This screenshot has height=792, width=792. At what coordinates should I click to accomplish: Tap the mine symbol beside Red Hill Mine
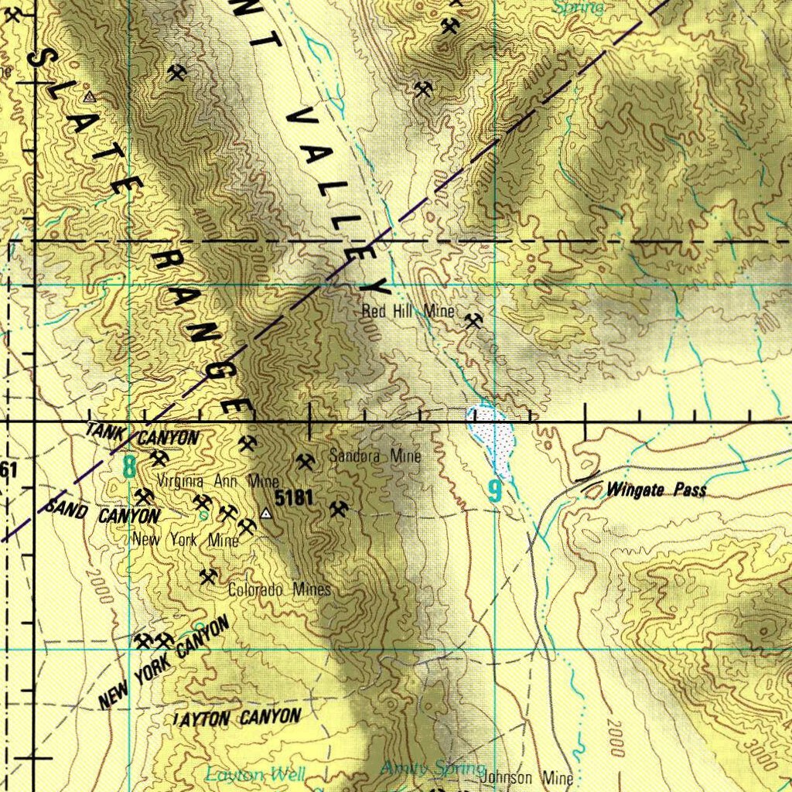pyautogui.click(x=474, y=319)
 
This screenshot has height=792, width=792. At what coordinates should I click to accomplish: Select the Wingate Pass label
pyautogui.click(x=656, y=490)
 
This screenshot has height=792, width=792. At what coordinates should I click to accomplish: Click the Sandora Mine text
pyautogui.click(x=375, y=456)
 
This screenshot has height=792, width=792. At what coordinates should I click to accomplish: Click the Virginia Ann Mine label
pyautogui.click(x=217, y=481)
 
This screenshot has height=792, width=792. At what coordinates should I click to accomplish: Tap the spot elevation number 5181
pyautogui.click(x=294, y=498)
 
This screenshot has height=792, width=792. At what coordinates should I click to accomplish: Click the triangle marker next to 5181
pyautogui.click(x=267, y=513)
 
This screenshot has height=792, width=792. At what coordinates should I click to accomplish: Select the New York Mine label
pyautogui.click(x=186, y=540)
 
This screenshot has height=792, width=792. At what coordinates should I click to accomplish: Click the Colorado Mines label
pyautogui.click(x=279, y=589)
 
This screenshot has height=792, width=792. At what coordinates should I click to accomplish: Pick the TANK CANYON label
pyautogui.click(x=142, y=435)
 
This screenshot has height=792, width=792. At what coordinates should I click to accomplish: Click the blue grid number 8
pyautogui.click(x=129, y=466)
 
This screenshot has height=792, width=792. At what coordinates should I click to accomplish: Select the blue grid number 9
pyautogui.click(x=495, y=490)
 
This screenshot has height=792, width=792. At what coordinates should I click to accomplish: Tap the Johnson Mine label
pyautogui.click(x=527, y=778)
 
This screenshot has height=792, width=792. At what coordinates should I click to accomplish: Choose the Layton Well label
pyautogui.click(x=255, y=774)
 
